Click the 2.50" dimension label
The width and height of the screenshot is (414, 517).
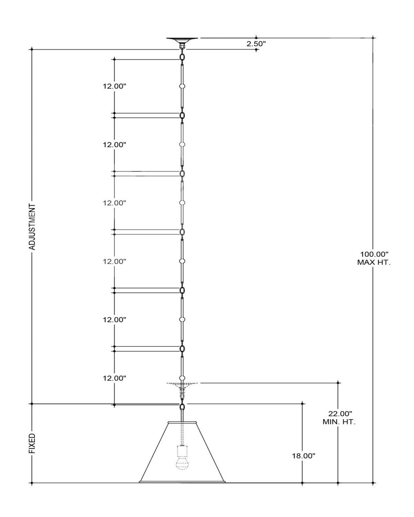(x=256, y=44)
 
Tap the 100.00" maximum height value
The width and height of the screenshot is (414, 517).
(x=374, y=254)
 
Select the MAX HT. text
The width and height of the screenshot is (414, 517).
(x=374, y=262)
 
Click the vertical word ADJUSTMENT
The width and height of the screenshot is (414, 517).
(x=32, y=227)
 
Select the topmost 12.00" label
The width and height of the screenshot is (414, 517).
(x=115, y=86)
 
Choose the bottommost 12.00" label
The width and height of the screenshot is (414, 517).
(x=115, y=378)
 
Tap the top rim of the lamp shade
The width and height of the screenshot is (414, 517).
(x=182, y=422)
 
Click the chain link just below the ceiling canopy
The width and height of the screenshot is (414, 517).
(x=182, y=57)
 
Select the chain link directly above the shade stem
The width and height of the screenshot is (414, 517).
(x=182, y=407)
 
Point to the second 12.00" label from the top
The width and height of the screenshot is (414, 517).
(x=115, y=145)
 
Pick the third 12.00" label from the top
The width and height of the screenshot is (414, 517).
(x=115, y=203)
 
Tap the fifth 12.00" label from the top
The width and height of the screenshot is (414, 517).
(x=115, y=320)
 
